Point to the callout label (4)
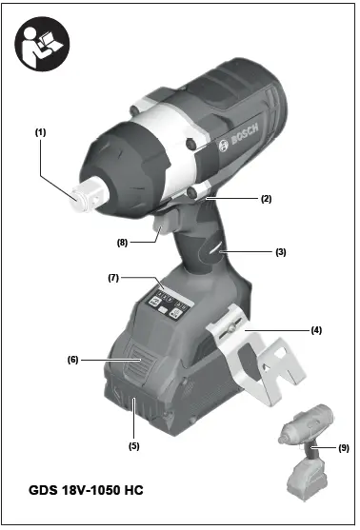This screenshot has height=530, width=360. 316,329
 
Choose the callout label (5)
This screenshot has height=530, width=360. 134,444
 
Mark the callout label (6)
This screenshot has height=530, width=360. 71,360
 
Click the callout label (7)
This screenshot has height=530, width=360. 112,278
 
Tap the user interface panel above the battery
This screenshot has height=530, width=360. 168,304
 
